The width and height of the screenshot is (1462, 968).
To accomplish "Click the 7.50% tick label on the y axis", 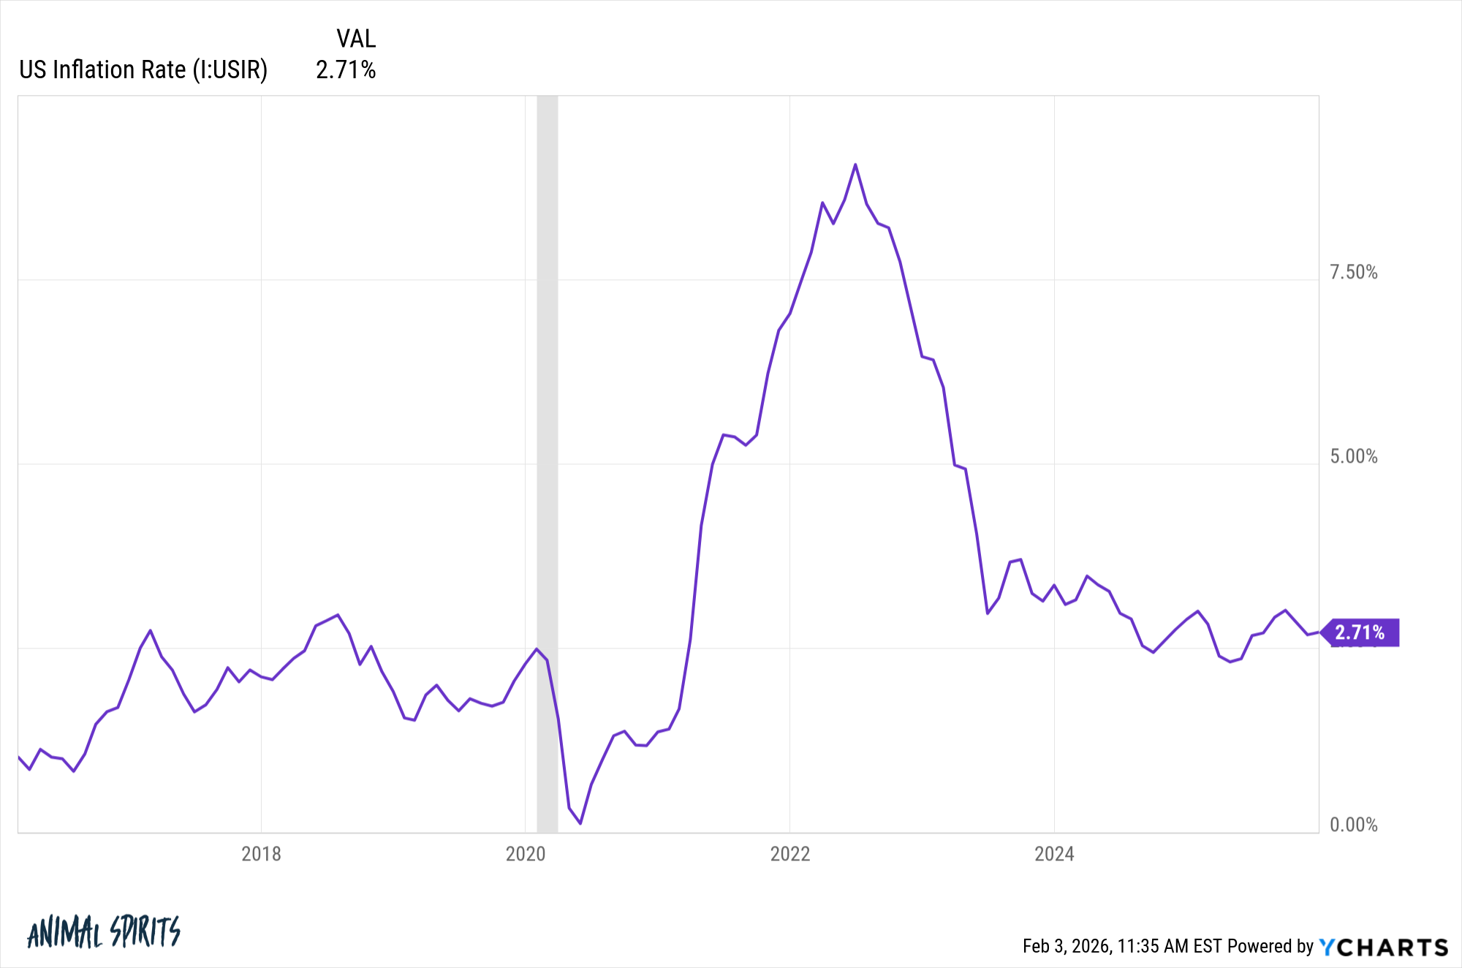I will tap(1353, 273).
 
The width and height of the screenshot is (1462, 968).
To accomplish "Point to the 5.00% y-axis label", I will tap(1353, 457).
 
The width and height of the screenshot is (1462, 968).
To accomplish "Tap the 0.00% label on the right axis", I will tap(1353, 825).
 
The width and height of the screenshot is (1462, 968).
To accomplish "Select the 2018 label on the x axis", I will tap(261, 854).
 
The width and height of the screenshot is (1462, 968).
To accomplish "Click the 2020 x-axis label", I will tap(526, 854).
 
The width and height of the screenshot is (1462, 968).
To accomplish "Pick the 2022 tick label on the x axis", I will tap(789, 854).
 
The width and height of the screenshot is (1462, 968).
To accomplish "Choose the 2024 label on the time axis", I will tap(1054, 854).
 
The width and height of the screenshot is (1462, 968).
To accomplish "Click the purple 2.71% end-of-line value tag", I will tap(1360, 632).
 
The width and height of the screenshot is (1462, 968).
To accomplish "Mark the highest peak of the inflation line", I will tap(855, 165).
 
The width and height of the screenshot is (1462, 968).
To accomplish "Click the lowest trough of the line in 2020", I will tap(580, 823).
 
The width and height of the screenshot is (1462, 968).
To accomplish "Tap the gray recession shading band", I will tap(548, 439).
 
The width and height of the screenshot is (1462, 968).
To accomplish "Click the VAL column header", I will tap(356, 39).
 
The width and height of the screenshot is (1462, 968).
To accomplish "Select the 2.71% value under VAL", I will tap(346, 70).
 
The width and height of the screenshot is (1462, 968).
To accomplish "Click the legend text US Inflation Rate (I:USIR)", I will tap(143, 70).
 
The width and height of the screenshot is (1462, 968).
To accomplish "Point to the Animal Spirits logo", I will tap(103, 932).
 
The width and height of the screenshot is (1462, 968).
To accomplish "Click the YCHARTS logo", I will tap(1383, 947).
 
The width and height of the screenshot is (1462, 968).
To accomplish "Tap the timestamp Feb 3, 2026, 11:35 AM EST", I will tap(1122, 947).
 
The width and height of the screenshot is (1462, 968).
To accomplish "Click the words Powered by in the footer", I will tap(1270, 947).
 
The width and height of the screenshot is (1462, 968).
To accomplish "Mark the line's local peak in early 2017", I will tap(150, 630).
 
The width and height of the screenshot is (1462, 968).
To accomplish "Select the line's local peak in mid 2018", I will tap(337, 615).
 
